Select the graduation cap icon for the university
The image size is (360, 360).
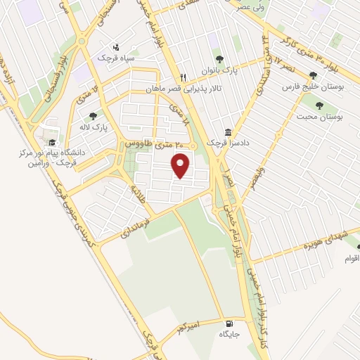coord(53,142)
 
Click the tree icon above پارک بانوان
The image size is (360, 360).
coord(220,59)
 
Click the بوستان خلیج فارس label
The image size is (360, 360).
coord(310,88)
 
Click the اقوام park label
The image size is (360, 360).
coord(352,259)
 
